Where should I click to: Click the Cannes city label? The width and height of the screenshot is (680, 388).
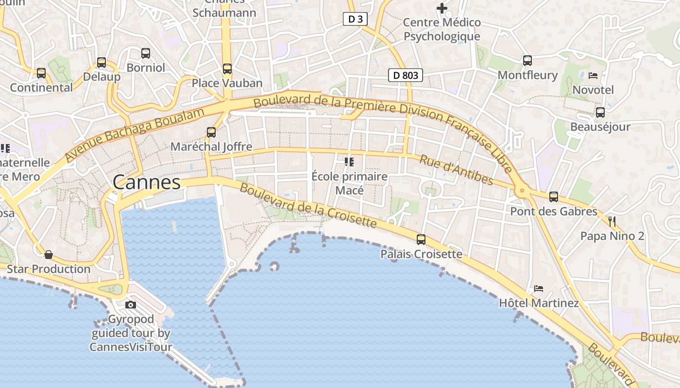pyautogui.click(x=147, y=183)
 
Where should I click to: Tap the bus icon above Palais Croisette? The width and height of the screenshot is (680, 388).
pyautogui.click(x=421, y=240)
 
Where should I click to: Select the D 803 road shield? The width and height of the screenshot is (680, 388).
pyautogui.click(x=406, y=75)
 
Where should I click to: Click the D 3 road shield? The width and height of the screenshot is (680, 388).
pyautogui.click(x=355, y=19)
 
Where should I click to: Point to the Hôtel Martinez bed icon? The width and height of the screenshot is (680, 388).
pyautogui.click(x=539, y=289)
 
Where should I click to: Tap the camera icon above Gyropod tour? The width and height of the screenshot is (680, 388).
pyautogui.click(x=131, y=305)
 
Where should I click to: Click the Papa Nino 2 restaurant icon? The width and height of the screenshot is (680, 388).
pyautogui.click(x=612, y=222)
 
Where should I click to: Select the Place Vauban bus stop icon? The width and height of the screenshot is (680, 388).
pyautogui.click(x=227, y=69)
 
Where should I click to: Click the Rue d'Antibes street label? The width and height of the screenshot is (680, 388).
pyautogui.click(x=456, y=170)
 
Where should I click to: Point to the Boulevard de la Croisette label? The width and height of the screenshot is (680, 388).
pyautogui.click(x=308, y=206)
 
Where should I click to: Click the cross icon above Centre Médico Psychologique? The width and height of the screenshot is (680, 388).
pyautogui.click(x=442, y=8)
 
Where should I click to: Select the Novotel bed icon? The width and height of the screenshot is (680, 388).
pyautogui.click(x=593, y=76)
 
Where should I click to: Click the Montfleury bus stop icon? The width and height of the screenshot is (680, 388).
pyautogui.click(x=527, y=61)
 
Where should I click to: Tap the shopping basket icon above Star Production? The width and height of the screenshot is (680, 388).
pyautogui.click(x=49, y=255)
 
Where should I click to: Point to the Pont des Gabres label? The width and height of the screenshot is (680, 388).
pyautogui.click(x=553, y=211)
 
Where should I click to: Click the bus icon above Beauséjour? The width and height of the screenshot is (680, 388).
pyautogui.click(x=600, y=113)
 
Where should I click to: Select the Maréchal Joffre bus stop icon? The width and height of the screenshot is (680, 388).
pyautogui.click(x=211, y=132)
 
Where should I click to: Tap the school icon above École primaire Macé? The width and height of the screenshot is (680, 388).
pyautogui.click(x=349, y=162)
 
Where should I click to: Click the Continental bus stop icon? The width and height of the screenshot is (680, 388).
pyautogui.click(x=41, y=73)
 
